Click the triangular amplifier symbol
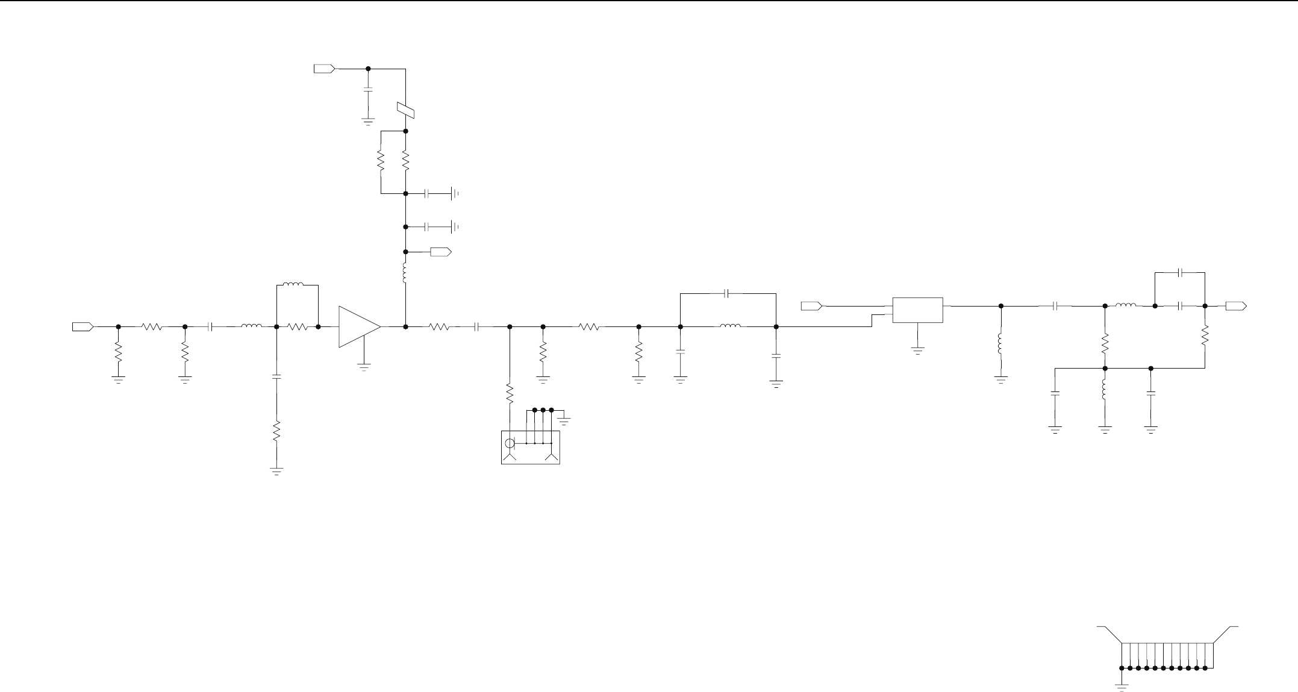tap(359, 326)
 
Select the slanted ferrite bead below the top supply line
tap(406, 110)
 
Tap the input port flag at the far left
tap(83, 326)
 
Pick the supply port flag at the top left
tap(324, 69)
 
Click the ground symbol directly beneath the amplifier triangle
tap(364, 366)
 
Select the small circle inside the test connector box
tap(510, 444)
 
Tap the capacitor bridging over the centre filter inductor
tap(727, 293)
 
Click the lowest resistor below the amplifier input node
tap(276, 431)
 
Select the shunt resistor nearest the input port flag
tap(118, 351)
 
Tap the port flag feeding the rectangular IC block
tap(811, 306)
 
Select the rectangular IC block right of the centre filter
tap(917, 310)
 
